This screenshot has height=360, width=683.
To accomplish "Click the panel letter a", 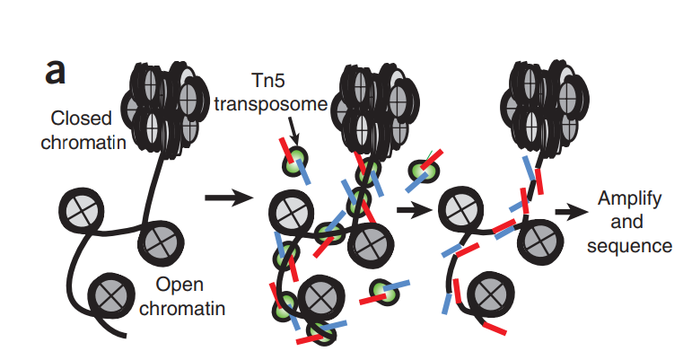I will [56, 71].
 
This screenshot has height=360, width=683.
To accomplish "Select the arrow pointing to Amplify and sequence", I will [567, 213].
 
